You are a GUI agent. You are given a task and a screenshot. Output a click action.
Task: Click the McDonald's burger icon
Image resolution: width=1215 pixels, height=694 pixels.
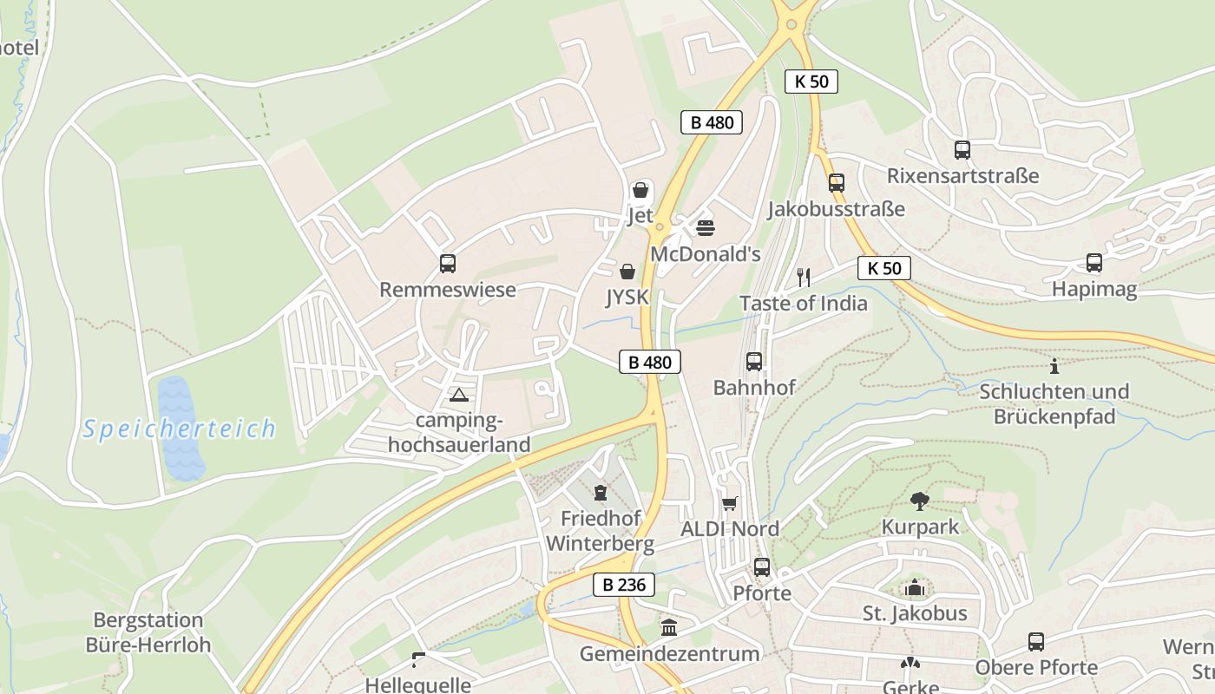706,227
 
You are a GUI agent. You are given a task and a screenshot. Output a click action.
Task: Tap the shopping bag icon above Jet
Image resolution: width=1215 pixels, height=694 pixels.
640,189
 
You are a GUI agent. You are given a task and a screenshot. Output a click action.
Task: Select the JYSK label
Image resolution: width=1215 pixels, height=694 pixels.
627,297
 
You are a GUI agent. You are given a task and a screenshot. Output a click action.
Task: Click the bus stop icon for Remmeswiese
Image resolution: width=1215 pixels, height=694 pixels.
448,263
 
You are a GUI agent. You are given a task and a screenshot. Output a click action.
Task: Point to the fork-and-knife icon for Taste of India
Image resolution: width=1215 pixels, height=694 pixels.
804,277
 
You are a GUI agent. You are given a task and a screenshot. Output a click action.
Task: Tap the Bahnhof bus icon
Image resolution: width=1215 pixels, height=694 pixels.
753,361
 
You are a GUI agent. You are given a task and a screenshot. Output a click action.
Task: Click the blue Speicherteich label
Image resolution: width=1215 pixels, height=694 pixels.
180,429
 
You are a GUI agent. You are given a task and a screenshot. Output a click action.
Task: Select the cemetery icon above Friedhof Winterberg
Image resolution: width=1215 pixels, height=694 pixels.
600,493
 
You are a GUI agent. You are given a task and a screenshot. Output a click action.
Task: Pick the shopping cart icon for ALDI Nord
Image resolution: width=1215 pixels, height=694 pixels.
730,503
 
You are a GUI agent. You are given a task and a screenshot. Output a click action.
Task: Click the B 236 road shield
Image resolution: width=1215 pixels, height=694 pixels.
624,585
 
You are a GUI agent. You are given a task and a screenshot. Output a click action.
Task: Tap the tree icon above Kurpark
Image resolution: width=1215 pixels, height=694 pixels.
920,501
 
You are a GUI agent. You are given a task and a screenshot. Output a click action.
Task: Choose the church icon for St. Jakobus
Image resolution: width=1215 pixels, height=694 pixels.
914,587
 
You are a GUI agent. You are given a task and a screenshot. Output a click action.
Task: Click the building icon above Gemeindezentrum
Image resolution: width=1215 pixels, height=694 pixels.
669,627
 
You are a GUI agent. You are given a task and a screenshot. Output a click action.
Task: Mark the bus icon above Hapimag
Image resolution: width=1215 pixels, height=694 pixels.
1094,262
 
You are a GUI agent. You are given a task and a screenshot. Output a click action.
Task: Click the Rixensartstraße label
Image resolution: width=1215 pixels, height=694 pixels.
962,176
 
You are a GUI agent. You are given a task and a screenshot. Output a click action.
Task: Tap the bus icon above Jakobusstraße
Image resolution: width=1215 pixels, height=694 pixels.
836,182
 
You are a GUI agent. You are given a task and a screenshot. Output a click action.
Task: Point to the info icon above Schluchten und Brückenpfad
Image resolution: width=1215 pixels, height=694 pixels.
1054,365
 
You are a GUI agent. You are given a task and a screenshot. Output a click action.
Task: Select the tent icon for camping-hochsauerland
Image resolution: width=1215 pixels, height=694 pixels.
459,396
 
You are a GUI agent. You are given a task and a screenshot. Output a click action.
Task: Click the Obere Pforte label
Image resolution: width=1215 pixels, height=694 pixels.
1036,667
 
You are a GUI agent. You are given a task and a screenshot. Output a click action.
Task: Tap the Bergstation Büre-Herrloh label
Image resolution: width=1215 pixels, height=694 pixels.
148,632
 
